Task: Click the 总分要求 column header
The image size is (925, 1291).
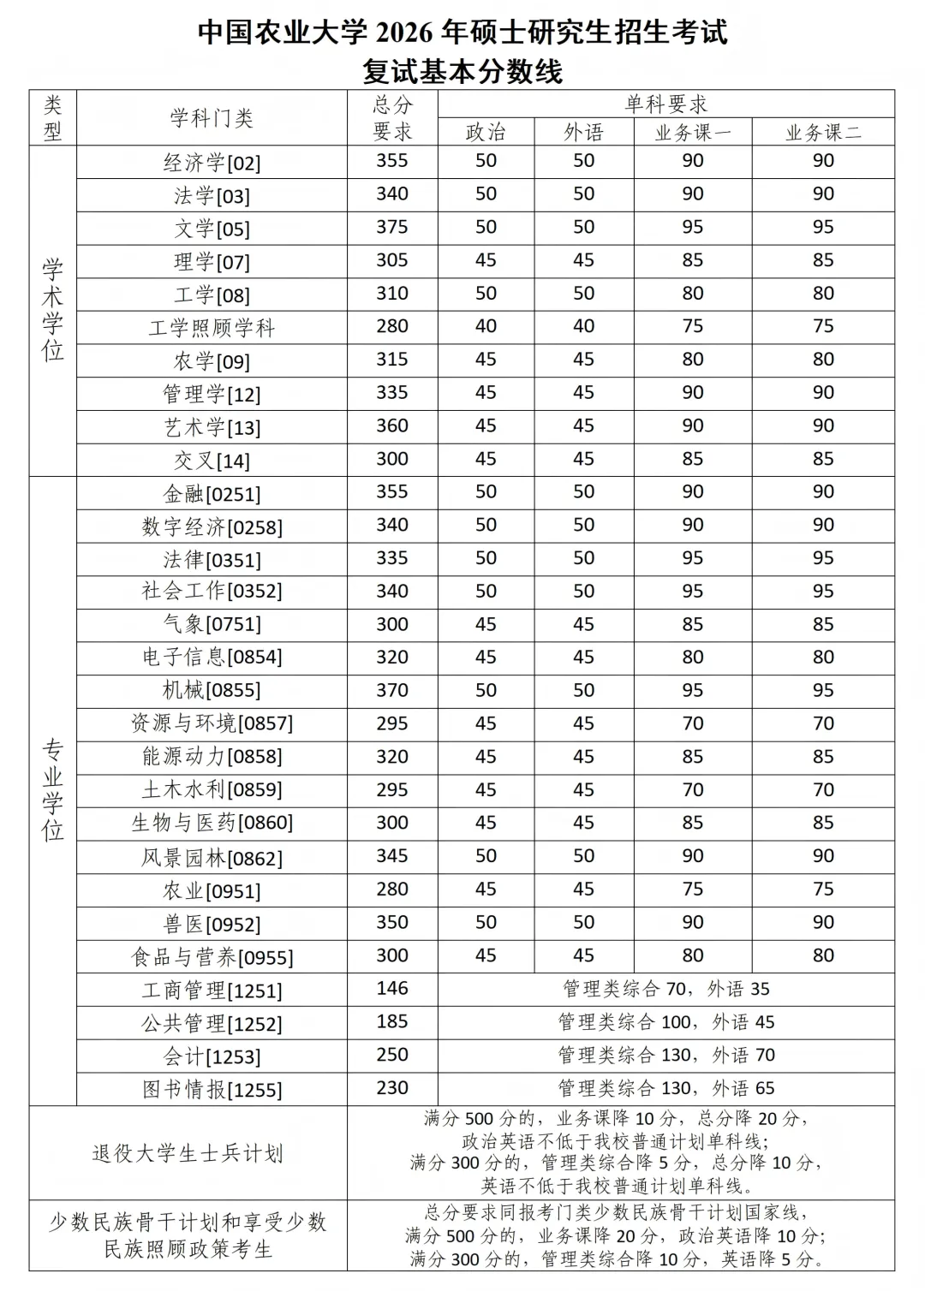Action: pos(392,118)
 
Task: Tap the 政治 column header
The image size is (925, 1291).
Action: pos(486,132)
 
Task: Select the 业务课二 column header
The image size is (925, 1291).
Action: pos(823,132)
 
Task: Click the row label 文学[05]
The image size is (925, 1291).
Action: pos(212,229)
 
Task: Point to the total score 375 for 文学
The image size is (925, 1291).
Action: pos(392,227)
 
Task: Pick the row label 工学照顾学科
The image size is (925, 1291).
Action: pos(212,328)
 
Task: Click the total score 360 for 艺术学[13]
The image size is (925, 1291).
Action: pos(392,425)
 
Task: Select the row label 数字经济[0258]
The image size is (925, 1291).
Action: pos(212,527)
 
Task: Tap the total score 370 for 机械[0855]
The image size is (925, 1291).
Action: pos(392,690)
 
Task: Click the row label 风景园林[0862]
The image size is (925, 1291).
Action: pos(212,858)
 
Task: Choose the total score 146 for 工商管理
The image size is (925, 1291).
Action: pos(392,989)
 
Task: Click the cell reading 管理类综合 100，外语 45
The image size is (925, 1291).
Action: pos(665,1022)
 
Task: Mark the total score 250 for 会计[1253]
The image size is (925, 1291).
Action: pos(392,1055)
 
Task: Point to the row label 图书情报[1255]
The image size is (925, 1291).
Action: pos(212,1089)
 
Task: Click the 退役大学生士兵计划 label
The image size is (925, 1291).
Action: pos(188,1153)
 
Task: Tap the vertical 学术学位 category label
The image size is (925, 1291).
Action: pos(53,310)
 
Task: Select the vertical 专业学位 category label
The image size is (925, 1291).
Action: pos(53,790)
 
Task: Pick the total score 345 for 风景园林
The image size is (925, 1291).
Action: pos(392,856)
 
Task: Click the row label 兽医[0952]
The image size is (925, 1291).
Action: pos(212,924)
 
